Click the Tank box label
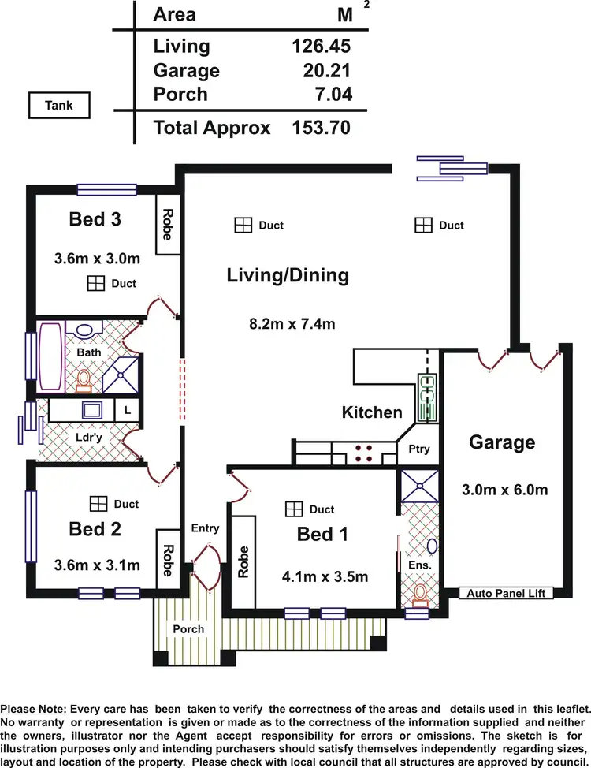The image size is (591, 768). pyautogui.click(x=59, y=105)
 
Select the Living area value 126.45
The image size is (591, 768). pyautogui.click(x=321, y=47)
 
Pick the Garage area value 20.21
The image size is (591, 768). pyautogui.click(x=327, y=71)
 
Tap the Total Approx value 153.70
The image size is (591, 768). pyautogui.click(x=319, y=127)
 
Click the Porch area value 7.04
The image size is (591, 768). pyautogui.click(x=331, y=95)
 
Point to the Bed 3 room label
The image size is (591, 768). pyautogui.click(x=95, y=218)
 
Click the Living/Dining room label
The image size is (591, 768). pyautogui.click(x=288, y=275)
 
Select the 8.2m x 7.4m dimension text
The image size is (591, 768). pyautogui.click(x=292, y=323)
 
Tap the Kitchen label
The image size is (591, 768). pyautogui.click(x=372, y=412)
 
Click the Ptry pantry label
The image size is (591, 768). pyautogui.click(x=419, y=449)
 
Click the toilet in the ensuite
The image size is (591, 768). pyautogui.click(x=420, y=593)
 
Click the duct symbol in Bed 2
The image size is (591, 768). pyautogui.click(x=98, y=503)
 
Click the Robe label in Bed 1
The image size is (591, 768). pyautogui.click(x=243, y=561)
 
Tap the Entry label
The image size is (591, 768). pyautogui.click(x=205, y=528)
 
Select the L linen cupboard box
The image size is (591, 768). pyautogui.click(x=127, y=410)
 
